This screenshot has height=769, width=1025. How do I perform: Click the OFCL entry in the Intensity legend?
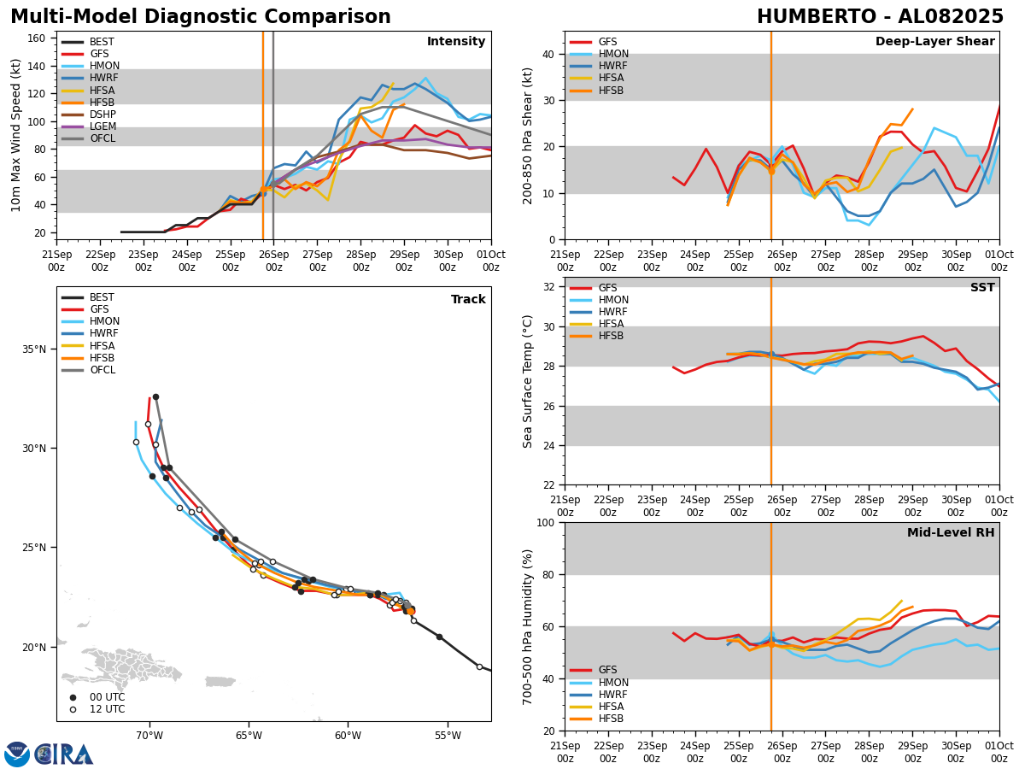point(102,138)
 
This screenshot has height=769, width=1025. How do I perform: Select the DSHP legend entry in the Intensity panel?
point(102,114)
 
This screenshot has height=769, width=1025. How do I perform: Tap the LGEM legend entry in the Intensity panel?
point(102,126)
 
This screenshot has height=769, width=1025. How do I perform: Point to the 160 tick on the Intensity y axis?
point(38,38)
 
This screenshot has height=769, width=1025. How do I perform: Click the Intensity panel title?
point(456,42)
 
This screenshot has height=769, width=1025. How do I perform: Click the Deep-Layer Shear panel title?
point(934,42)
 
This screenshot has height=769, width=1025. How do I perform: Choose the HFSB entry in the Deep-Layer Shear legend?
point(611,91)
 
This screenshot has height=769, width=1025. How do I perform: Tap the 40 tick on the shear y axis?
point(548,54)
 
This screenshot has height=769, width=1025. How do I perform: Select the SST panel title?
point(981,288)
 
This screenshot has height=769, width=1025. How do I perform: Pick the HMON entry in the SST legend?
point(612,300)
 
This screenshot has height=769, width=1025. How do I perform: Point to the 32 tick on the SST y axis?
point(548,287)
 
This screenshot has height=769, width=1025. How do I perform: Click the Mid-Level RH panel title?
point(951,533)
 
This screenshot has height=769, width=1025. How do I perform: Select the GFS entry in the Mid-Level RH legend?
point(607,670)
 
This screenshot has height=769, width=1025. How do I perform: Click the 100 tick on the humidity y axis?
point(544,522)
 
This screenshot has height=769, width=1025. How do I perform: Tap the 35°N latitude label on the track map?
point(33,349)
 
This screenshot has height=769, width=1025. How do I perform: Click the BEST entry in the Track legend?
point(102,297)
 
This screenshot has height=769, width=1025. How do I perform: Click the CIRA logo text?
point(64,754)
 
